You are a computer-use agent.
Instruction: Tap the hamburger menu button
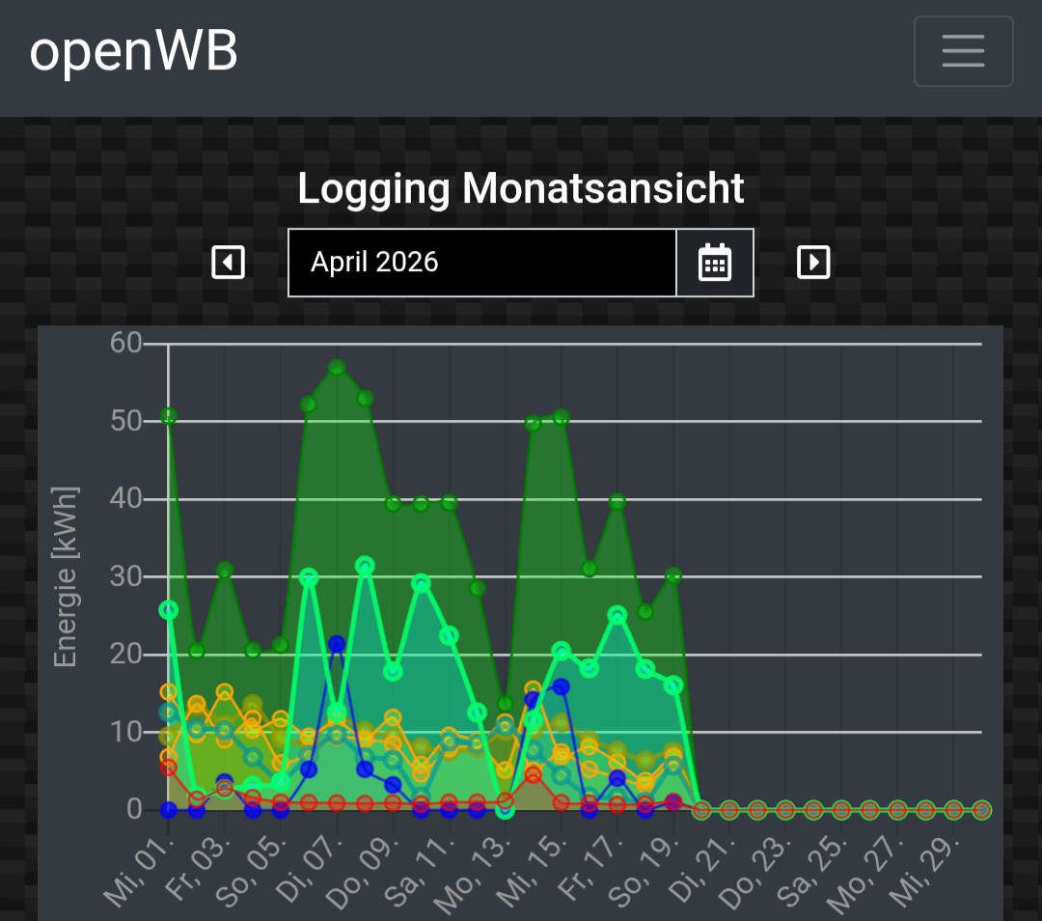point(963,51)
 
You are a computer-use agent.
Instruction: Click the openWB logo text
point(133,51)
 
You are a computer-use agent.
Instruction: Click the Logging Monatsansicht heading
point(521,188)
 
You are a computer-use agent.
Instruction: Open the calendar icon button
point(715,263)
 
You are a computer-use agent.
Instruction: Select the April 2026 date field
point(482,263)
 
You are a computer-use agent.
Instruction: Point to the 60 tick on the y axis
point(126,344)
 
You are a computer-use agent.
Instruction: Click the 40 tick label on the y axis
point(126,499)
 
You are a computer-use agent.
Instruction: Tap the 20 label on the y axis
point(126,655)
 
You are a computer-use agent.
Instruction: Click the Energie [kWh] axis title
point(66,577)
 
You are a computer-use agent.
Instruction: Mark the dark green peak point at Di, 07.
point(337,368)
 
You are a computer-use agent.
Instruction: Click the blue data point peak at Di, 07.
point(337,644)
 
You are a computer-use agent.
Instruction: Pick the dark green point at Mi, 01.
point(169,416)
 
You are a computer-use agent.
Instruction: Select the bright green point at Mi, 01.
point(169,610)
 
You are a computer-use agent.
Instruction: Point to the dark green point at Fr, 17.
point(617,502)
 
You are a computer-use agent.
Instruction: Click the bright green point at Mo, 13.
point(505,809)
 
